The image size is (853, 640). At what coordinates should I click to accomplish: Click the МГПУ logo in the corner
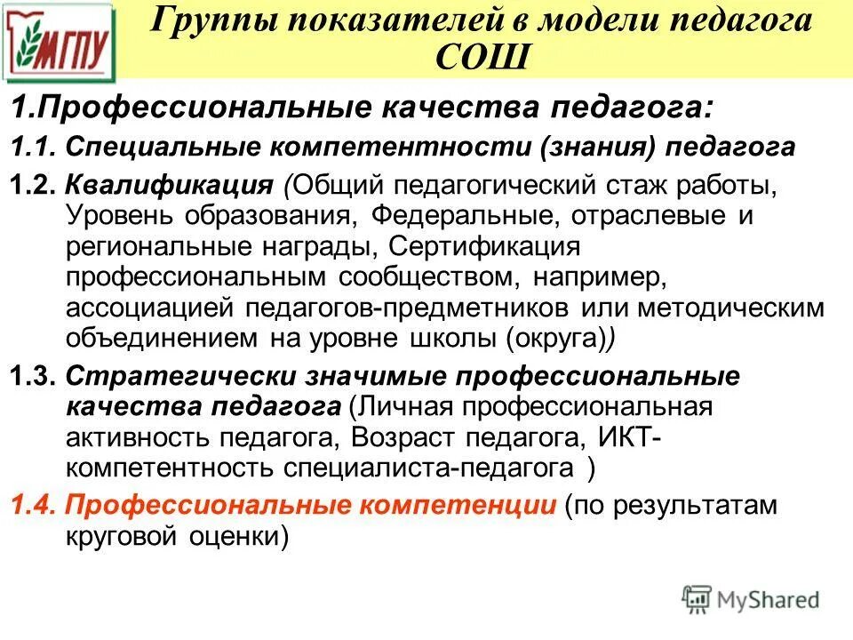point(60,41)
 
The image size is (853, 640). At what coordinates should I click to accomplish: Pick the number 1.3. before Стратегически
point(34,376)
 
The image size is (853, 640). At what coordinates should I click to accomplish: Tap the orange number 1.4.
point(34,505)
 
